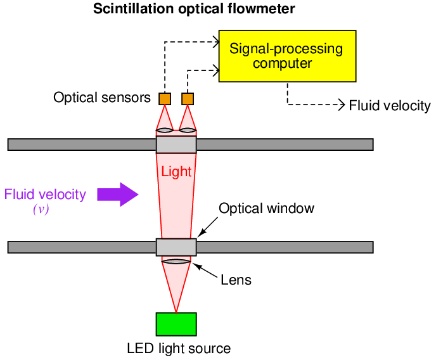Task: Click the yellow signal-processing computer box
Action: [286, 56]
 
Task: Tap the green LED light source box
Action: [176, 324]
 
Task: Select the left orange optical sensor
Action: [165, 99]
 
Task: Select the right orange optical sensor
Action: [188, 99]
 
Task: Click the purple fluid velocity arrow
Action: [118, 194]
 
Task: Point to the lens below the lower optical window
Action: [176, 260]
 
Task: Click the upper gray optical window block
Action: [176, 144]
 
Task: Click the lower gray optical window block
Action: [176, 247]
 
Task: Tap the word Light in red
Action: [176, 171]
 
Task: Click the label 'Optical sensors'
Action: [102, 98]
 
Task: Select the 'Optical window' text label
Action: [266, 209]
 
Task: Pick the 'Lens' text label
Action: [236, 280]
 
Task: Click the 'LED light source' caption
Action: [179, 349]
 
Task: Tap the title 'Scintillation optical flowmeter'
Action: [185, 9]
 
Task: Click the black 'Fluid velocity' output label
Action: [390, 105]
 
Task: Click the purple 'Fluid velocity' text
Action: [45, 194]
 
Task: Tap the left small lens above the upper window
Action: [165, 131]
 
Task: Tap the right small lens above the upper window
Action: [188, 131]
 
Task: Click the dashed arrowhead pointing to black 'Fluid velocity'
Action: [342, 105]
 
